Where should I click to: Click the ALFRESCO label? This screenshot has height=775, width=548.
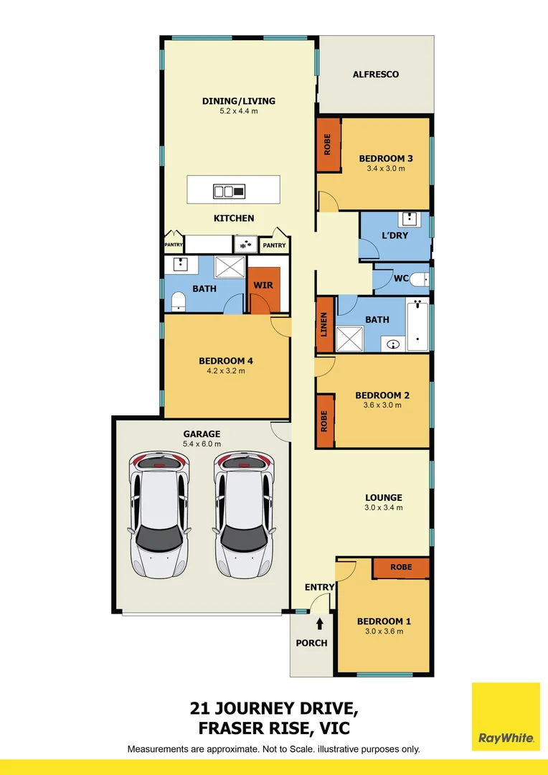[x=375, y=75]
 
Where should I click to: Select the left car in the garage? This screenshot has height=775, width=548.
[x=159, y=515]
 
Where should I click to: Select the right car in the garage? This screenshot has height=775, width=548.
[x=244, y=515]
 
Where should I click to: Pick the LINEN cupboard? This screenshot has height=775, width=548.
[x=325, y=325]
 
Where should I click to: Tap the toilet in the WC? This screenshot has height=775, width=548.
[x=421, y=278]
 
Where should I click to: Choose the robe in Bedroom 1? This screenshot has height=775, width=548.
[x=401, y=567]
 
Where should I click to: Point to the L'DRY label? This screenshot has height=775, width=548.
[x=394, y=235]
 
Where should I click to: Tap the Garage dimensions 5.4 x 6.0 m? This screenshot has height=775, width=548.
[x=202, y=444]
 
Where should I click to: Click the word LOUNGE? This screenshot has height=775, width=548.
[x=384, y=497]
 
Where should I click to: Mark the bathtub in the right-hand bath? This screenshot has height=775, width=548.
[x=417, y=325]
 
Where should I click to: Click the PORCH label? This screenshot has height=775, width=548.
[x=311, y=643]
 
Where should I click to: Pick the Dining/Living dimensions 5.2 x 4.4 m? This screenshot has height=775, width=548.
[x=239, y=111]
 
